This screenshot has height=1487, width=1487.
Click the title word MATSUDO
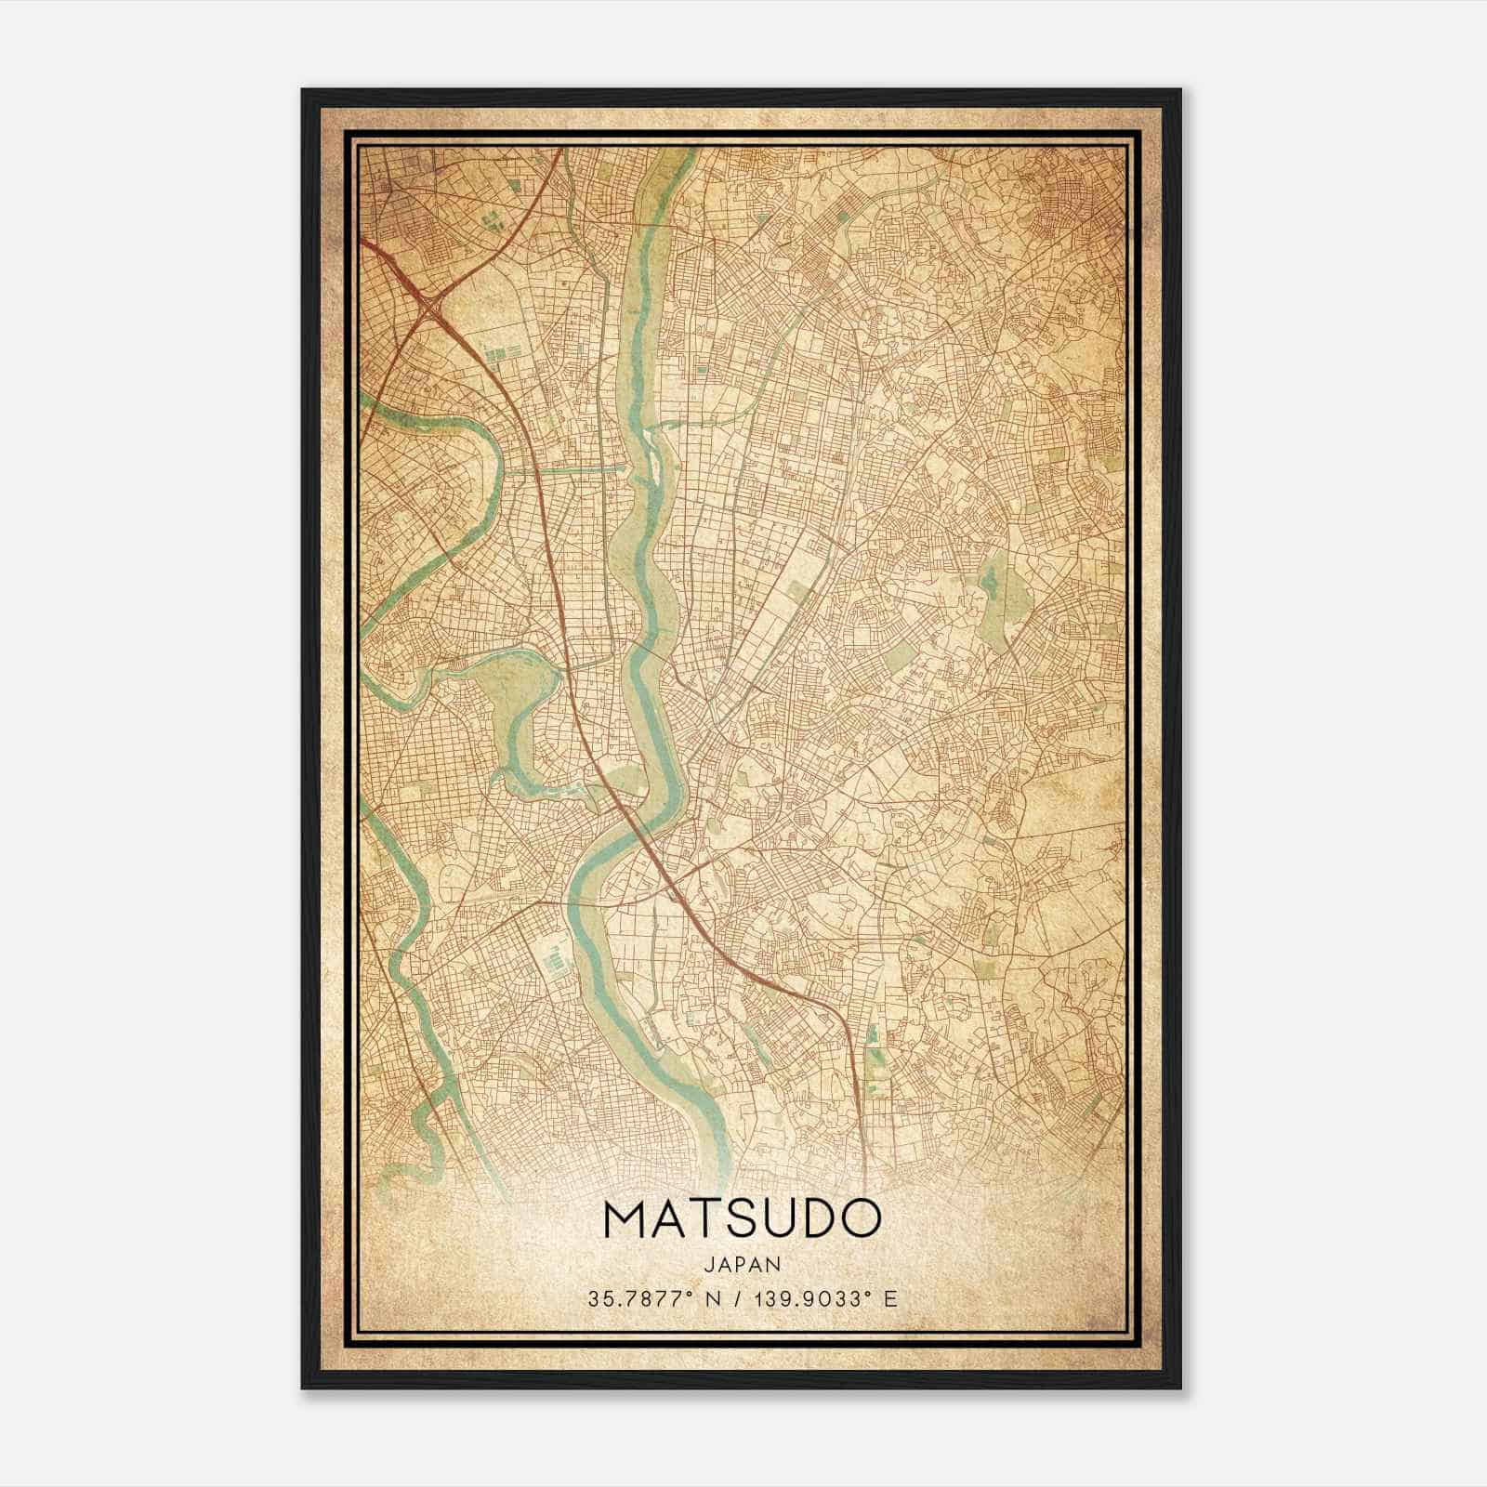click(743, 1218)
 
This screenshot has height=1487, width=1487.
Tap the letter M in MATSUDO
click(628, 1218)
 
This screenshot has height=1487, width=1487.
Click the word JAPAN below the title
click(743, 1265)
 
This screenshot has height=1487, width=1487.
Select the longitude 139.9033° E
click(822, 1299)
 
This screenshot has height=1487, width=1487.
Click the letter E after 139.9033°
click(890, 1299)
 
